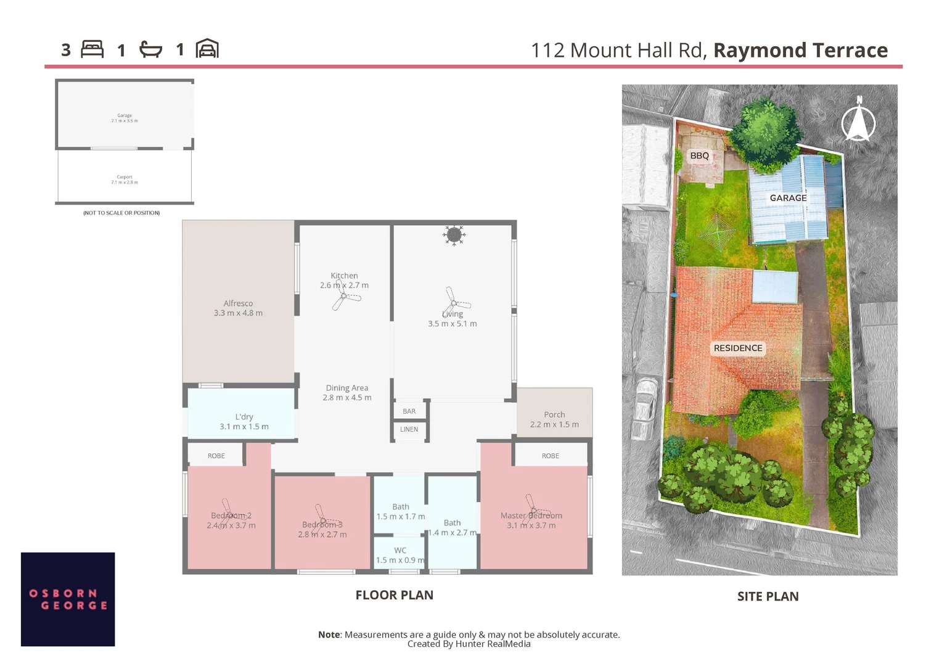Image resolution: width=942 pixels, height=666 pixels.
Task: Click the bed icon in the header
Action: coord(92,49)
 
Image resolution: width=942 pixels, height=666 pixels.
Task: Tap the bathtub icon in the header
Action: coord(150,49)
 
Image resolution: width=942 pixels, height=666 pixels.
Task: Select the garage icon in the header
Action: coord(207,49)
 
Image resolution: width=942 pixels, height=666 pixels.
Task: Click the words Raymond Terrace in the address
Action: coord(800,50)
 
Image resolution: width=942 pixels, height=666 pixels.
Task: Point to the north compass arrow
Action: coord(858,120)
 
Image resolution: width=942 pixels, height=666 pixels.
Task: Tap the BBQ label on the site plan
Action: coord(699,155)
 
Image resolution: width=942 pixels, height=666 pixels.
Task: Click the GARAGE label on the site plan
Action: coord(788,198)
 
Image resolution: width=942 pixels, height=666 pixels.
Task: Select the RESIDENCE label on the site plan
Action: coord(738,348)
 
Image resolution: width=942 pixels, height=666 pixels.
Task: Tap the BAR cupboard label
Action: coord(409,411)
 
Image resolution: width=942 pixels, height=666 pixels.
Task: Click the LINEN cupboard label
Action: coord(409,429)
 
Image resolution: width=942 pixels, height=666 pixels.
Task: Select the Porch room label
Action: coord(554,414)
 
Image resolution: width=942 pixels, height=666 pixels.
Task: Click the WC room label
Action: coord(400,550)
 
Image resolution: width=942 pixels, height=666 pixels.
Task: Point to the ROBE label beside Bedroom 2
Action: coord(216,456)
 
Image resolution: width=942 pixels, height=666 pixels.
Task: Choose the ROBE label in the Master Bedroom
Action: coord(551,456)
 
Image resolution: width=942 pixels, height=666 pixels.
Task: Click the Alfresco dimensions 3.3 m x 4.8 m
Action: coord(238,313)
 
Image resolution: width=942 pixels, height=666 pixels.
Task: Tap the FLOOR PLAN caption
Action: coord(395,595)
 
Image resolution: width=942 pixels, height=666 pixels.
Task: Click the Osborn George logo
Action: coord(68,599)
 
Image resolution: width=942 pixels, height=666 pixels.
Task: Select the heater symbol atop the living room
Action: coord(454,234)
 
